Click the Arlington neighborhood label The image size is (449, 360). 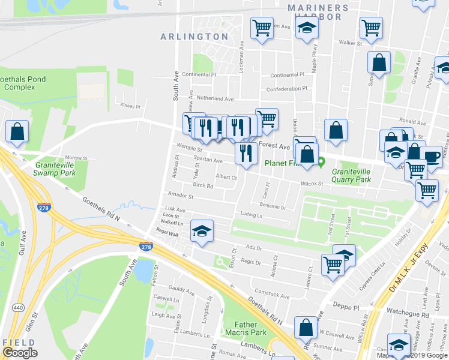click(x=194, y=37)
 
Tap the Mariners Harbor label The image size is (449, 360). click(x=318, y=12)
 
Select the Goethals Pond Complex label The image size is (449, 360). click(x=17, y=83)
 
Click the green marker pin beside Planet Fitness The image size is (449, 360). click(x=322, y=161)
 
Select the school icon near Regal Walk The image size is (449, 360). click(x=202, y=230)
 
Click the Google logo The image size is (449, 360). click(x=20, y=353)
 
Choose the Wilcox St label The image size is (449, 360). click(x=312, y=184)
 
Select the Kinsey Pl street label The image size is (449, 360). click(x=130, y=106)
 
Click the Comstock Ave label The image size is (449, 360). click(x=273, y=295)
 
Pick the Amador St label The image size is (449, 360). click(x=181, y=196)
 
